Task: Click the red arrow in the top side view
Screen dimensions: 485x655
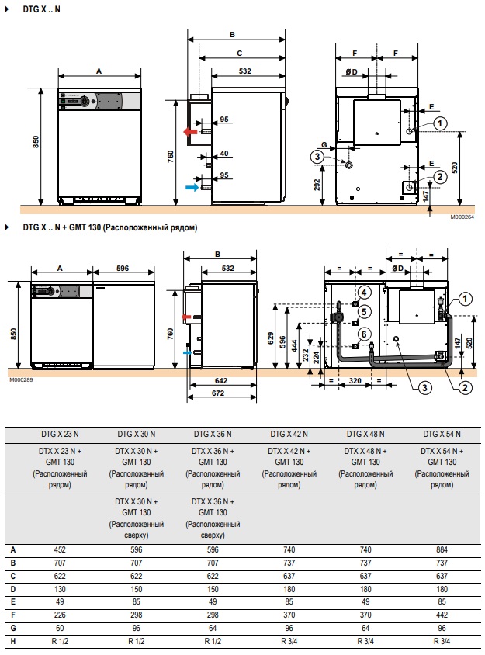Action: pyautogui.click(x=190, y=132)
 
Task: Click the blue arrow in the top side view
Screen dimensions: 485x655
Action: pyautogui.click(x=192, y=188)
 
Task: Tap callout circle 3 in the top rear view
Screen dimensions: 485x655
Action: pyautogui.click(x=317, y=157)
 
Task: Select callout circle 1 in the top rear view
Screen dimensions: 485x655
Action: pyautogui.click(x=439, y=123)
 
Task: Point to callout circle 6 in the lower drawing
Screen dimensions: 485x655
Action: pyautogui.click(x=364, y=334)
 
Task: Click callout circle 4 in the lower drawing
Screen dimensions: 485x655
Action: pyautogui.click(x=364, y=293)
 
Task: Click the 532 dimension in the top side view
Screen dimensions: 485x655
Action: pyautogui.click(x=244, y=71)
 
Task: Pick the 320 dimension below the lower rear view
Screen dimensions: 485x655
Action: pyautogui.click(x=355, y=380)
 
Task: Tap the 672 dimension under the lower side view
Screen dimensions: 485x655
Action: pyautogui.click(x=218, y=393)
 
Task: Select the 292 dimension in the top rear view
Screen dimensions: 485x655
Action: pyautogui.click(x=317, y=185)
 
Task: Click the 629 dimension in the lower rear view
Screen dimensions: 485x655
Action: pyautogui.click(x=271, y=338)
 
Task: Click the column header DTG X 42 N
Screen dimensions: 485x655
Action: pyautogui.click(x=289, y=434)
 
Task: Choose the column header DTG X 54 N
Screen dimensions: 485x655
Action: pyautogui.click(x=442, y=434)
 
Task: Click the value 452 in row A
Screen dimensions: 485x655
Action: pyautogui.click(x=60, y=549)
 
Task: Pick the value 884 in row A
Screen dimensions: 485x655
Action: pyautogui.click(x=442, y=549)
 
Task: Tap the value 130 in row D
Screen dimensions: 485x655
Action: pyautogui.click(x=60, y=589)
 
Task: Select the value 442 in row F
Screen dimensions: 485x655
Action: pyautogui.click(x=442, y=615)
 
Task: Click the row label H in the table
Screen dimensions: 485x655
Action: pyautogui.click(x=13, y=641)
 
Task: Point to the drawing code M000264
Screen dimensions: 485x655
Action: pyautogui.click(x=462, y=217)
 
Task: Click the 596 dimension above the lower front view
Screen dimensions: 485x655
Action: pyautogui.click(x=123, y=269)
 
